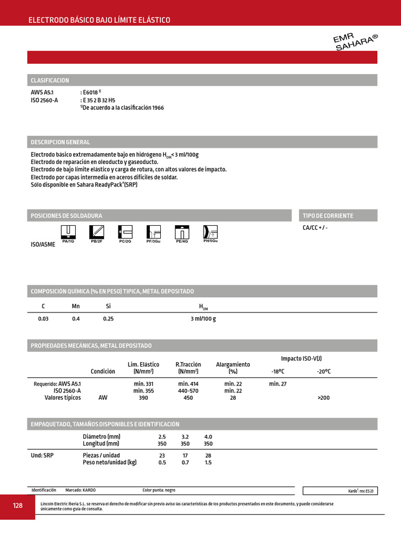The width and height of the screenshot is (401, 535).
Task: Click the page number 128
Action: [18, 506]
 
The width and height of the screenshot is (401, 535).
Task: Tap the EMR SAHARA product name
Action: [355, 41]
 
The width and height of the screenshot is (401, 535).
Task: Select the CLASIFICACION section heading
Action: [50, 80]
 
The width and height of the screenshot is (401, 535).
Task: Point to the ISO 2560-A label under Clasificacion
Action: [44, 100]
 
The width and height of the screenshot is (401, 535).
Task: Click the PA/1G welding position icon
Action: [68, 233]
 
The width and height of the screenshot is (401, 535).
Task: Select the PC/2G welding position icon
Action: [125, 233]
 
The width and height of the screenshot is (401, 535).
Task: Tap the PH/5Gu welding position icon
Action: [210, 232]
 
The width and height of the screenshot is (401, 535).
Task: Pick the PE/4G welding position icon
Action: [182, 233]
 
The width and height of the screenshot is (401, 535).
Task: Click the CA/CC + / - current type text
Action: [315, 228]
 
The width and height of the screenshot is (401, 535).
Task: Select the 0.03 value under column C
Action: [43, 319]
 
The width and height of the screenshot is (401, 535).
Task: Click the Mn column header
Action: [76, 306]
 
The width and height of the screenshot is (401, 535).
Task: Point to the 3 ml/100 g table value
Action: [203, 319]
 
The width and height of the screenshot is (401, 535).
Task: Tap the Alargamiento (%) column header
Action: [233, 368]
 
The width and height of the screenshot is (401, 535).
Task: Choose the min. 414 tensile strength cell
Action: [188, 383]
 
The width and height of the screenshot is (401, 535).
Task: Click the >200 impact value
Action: [323, 398]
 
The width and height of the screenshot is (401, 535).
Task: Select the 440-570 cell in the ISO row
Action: [188, 391]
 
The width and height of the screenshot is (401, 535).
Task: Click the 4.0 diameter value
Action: [208, 436]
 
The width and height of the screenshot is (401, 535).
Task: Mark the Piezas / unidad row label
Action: [101, 455]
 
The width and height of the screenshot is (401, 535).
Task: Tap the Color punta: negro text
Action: [159, 490]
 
